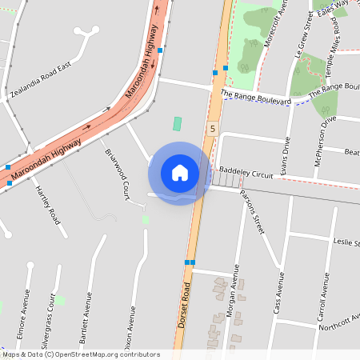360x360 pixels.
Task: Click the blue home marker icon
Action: (180, 173)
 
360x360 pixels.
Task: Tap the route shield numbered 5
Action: (212, 128)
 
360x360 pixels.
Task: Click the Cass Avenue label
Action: (278, 292)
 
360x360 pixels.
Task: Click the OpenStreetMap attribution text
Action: (80, 354)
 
